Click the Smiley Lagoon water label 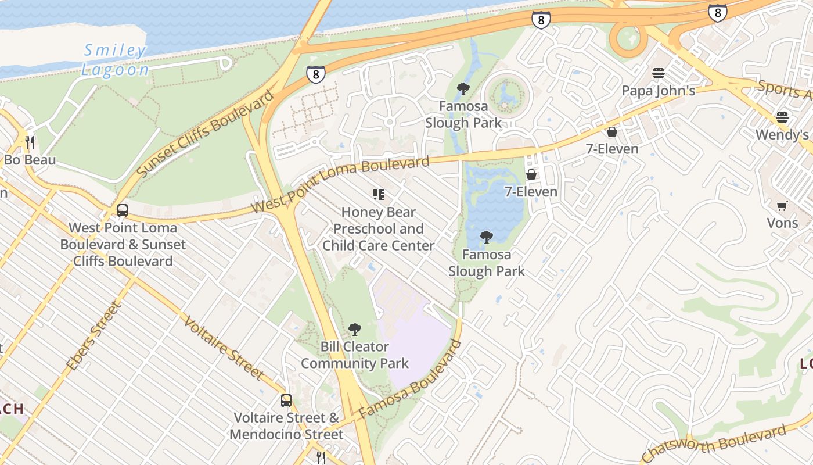(x=114, y=60)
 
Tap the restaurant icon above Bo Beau (x=30, y=142)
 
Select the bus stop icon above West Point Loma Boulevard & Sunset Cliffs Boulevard (x=122, y=210)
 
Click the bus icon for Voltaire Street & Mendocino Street (x=286, y=400)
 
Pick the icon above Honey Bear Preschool (x=379, y=195)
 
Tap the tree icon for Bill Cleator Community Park (x=354, y=330)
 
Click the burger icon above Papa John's (x=658, y=73)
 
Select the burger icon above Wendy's (x=782, y=117)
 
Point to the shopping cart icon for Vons (x=782, y=206)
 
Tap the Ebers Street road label (x=93, y=336)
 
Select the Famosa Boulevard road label (x=410, y=380)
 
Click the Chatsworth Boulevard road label (x=714, y=443)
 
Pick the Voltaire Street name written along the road (x=224, y=348)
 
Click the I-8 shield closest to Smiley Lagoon (x=315, y=74)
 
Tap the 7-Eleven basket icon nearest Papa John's (x=611, y=132)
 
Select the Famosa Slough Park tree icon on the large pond (x=486, y=237)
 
